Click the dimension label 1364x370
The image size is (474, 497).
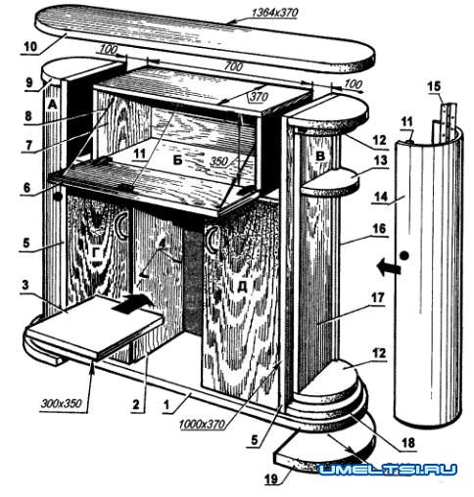point(274,13)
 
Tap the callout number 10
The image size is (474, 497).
point(30,46)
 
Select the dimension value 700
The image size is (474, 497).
point(233,67)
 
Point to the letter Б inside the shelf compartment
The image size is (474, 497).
point(177,160)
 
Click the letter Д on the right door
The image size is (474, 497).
point(242,287)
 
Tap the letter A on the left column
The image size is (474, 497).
point(52,105)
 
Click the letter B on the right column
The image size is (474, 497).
point(320,156)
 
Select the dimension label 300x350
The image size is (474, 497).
point(61,404)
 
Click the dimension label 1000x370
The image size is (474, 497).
point(202,424)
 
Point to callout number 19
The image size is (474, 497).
point(271,478)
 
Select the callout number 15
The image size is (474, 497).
point(434,86)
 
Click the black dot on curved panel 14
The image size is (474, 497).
point(404,255)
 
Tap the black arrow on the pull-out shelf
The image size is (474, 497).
point(132,303)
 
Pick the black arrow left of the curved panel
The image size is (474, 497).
point(389,267)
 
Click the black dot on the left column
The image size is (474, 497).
point(58,197)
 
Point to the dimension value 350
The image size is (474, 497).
point(219,161)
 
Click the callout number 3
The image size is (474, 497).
point(25,285)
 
